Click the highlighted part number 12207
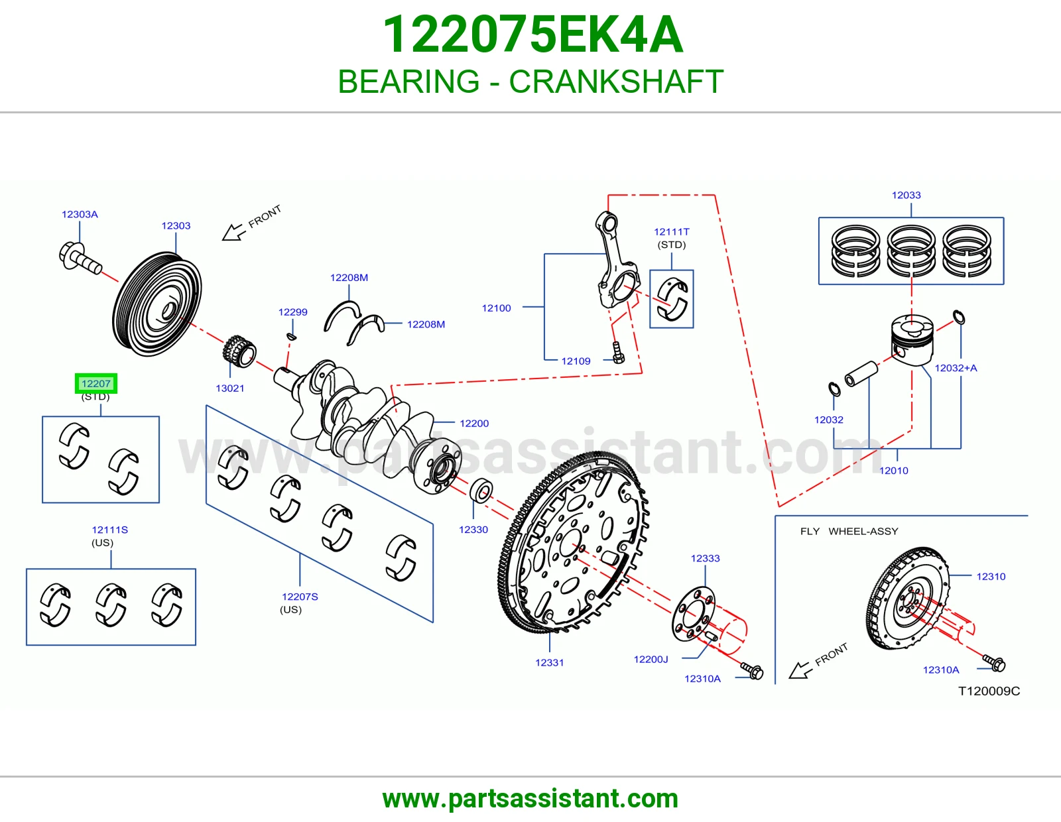(x=95, y=384)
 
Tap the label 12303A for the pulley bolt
(x=80, y=214)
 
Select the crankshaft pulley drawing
(x=156, y=304)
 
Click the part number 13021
(x=230, y=388)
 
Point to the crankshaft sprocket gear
(x=239, y=351)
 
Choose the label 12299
(x=293, y=312)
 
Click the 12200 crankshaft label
(x=474, y=423)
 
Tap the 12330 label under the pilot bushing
(x=473, y=530)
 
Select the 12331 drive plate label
(x=549, y=662)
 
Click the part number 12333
(x=705, y=558)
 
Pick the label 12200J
(x=651, y=660)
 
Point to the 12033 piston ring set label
(x=906, y=196)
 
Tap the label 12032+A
(x=956, y=368)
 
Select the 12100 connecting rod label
(x=496, y=308)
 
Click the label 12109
(x=576, y=361)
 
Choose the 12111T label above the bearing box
(x=671, y=232)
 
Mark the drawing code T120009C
(x=989, y=691)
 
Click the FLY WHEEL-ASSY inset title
(x=849, y=531)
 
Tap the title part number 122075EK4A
(x=532, y=34)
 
